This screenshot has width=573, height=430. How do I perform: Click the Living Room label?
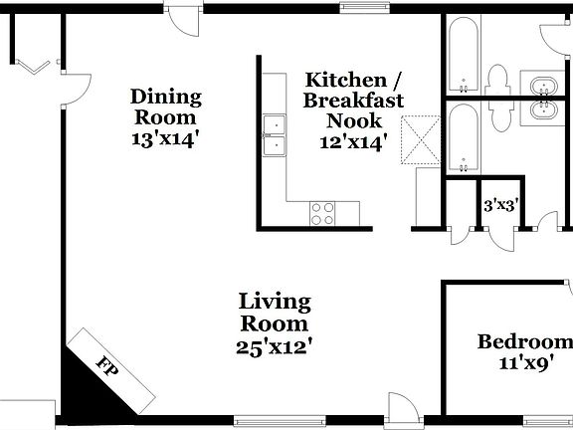click(275, 313)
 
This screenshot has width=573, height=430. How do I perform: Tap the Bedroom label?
click(525, 342)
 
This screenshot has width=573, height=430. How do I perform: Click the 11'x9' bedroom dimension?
click(525, 364)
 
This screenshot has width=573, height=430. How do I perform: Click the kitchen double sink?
click(274, 136)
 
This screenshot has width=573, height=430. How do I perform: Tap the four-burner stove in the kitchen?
click(322, 212)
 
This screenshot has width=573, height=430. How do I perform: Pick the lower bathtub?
click(464, 138)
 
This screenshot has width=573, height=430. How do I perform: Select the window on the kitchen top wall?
click(363, 8)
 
